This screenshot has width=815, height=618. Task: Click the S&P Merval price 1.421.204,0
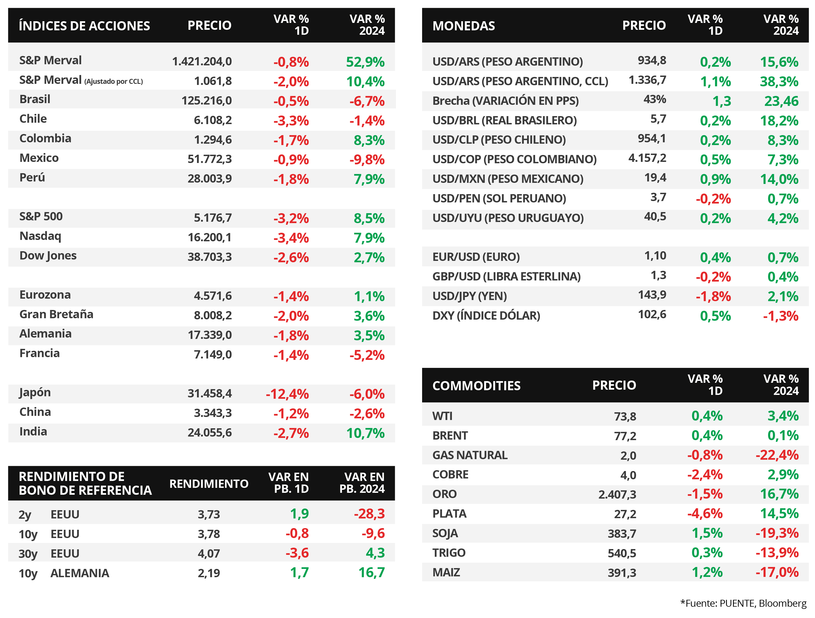(x=202, y=61)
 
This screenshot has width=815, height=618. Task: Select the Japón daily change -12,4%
(x=287, y=394)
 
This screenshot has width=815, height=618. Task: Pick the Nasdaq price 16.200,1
(x=210, y=237)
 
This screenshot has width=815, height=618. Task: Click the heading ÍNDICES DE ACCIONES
(x=84, y=26)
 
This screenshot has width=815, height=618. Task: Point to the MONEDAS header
(x=463, y=26)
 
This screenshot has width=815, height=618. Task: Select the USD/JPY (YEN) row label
(x=469, y=296)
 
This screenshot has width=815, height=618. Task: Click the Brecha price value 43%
(x=655, y=99)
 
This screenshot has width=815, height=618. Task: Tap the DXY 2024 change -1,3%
(x=780, y=316)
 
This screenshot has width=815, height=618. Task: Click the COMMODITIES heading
(x=476, y=386)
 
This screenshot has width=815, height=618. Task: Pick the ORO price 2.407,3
(x=617, y=494)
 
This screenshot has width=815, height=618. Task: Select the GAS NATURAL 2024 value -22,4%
(x=777, y=455)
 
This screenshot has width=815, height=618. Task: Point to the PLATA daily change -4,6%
(x=705, y=514)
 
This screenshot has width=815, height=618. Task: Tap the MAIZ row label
(x=446, y=572)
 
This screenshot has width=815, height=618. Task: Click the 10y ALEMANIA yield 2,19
(x=209, y=573)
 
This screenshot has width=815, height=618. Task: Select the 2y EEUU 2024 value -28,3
(x=369, y=514)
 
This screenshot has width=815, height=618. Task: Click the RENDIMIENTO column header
(x=209, y=484)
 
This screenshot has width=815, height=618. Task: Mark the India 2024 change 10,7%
(x=366, y=433)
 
